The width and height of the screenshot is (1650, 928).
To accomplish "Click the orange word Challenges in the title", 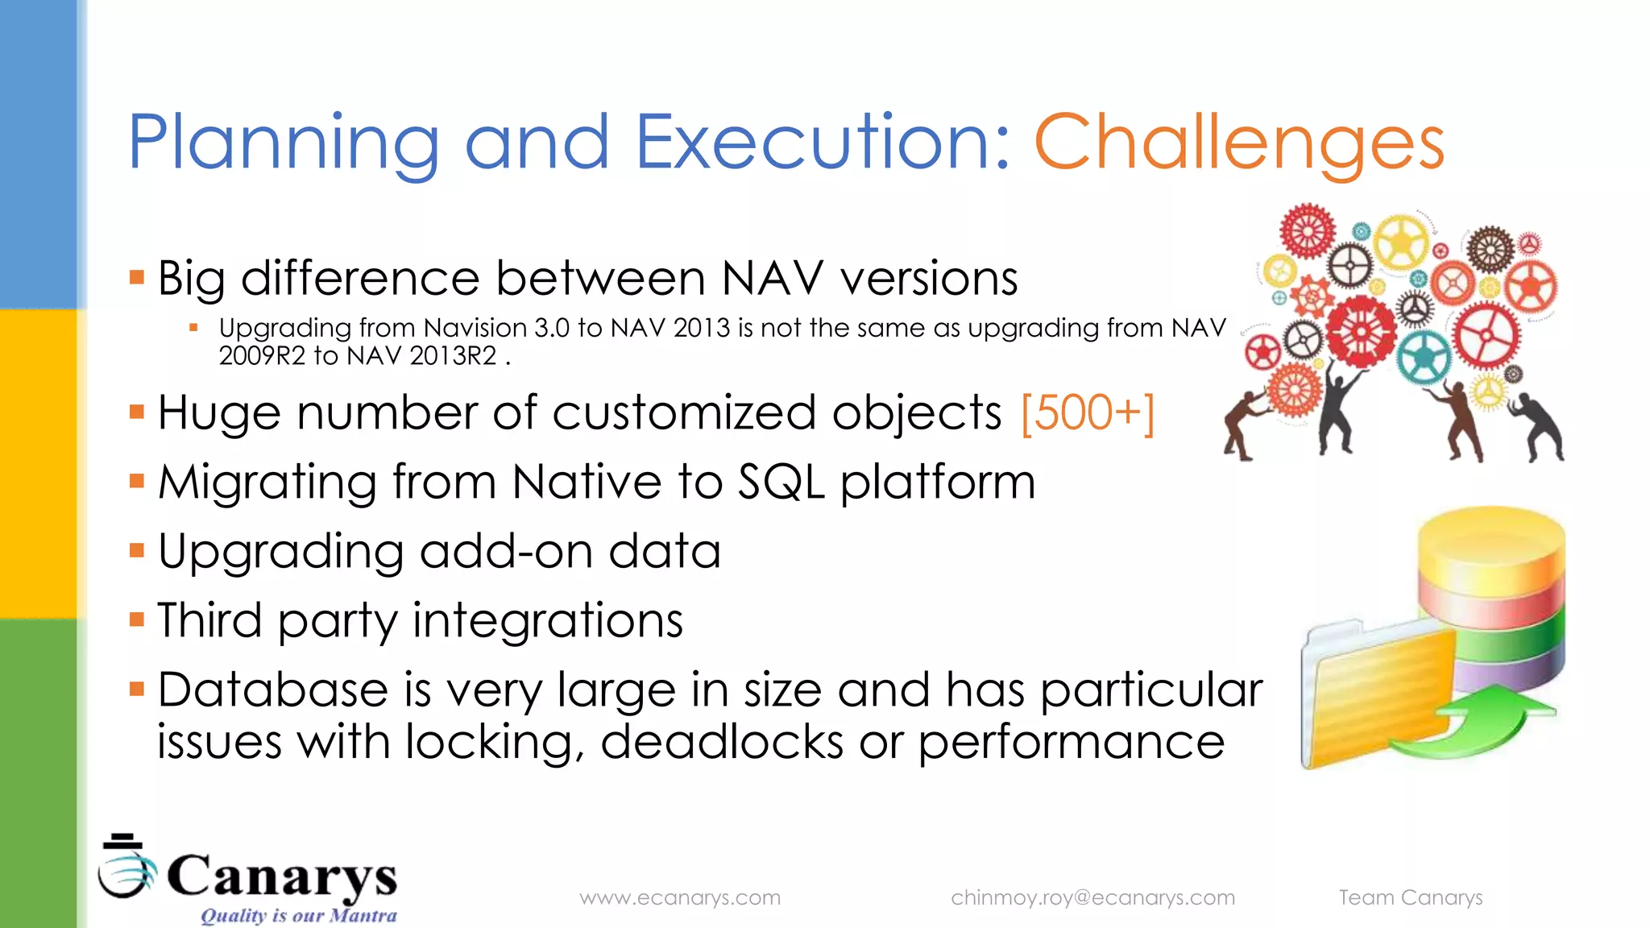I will coord(1238,143).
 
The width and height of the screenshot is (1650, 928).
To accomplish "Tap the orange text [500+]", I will coord(1087,414).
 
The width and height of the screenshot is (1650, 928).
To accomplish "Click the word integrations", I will coord(548,621).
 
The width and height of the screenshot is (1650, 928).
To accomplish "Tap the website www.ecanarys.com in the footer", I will coord(680,897).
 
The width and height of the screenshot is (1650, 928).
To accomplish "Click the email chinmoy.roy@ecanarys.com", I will coord(1092,897).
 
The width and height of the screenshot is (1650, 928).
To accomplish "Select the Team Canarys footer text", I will coord(1410,897).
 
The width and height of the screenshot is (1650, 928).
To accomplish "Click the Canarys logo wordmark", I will coord(281,876).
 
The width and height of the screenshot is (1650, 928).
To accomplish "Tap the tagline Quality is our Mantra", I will coord(298,916).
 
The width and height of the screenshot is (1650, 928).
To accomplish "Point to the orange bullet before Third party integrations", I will coord(137,620).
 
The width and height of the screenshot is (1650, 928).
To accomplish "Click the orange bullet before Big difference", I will coord(137,279).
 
